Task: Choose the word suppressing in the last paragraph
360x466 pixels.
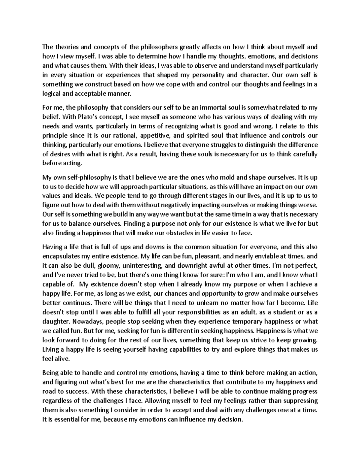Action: (299, 401)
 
